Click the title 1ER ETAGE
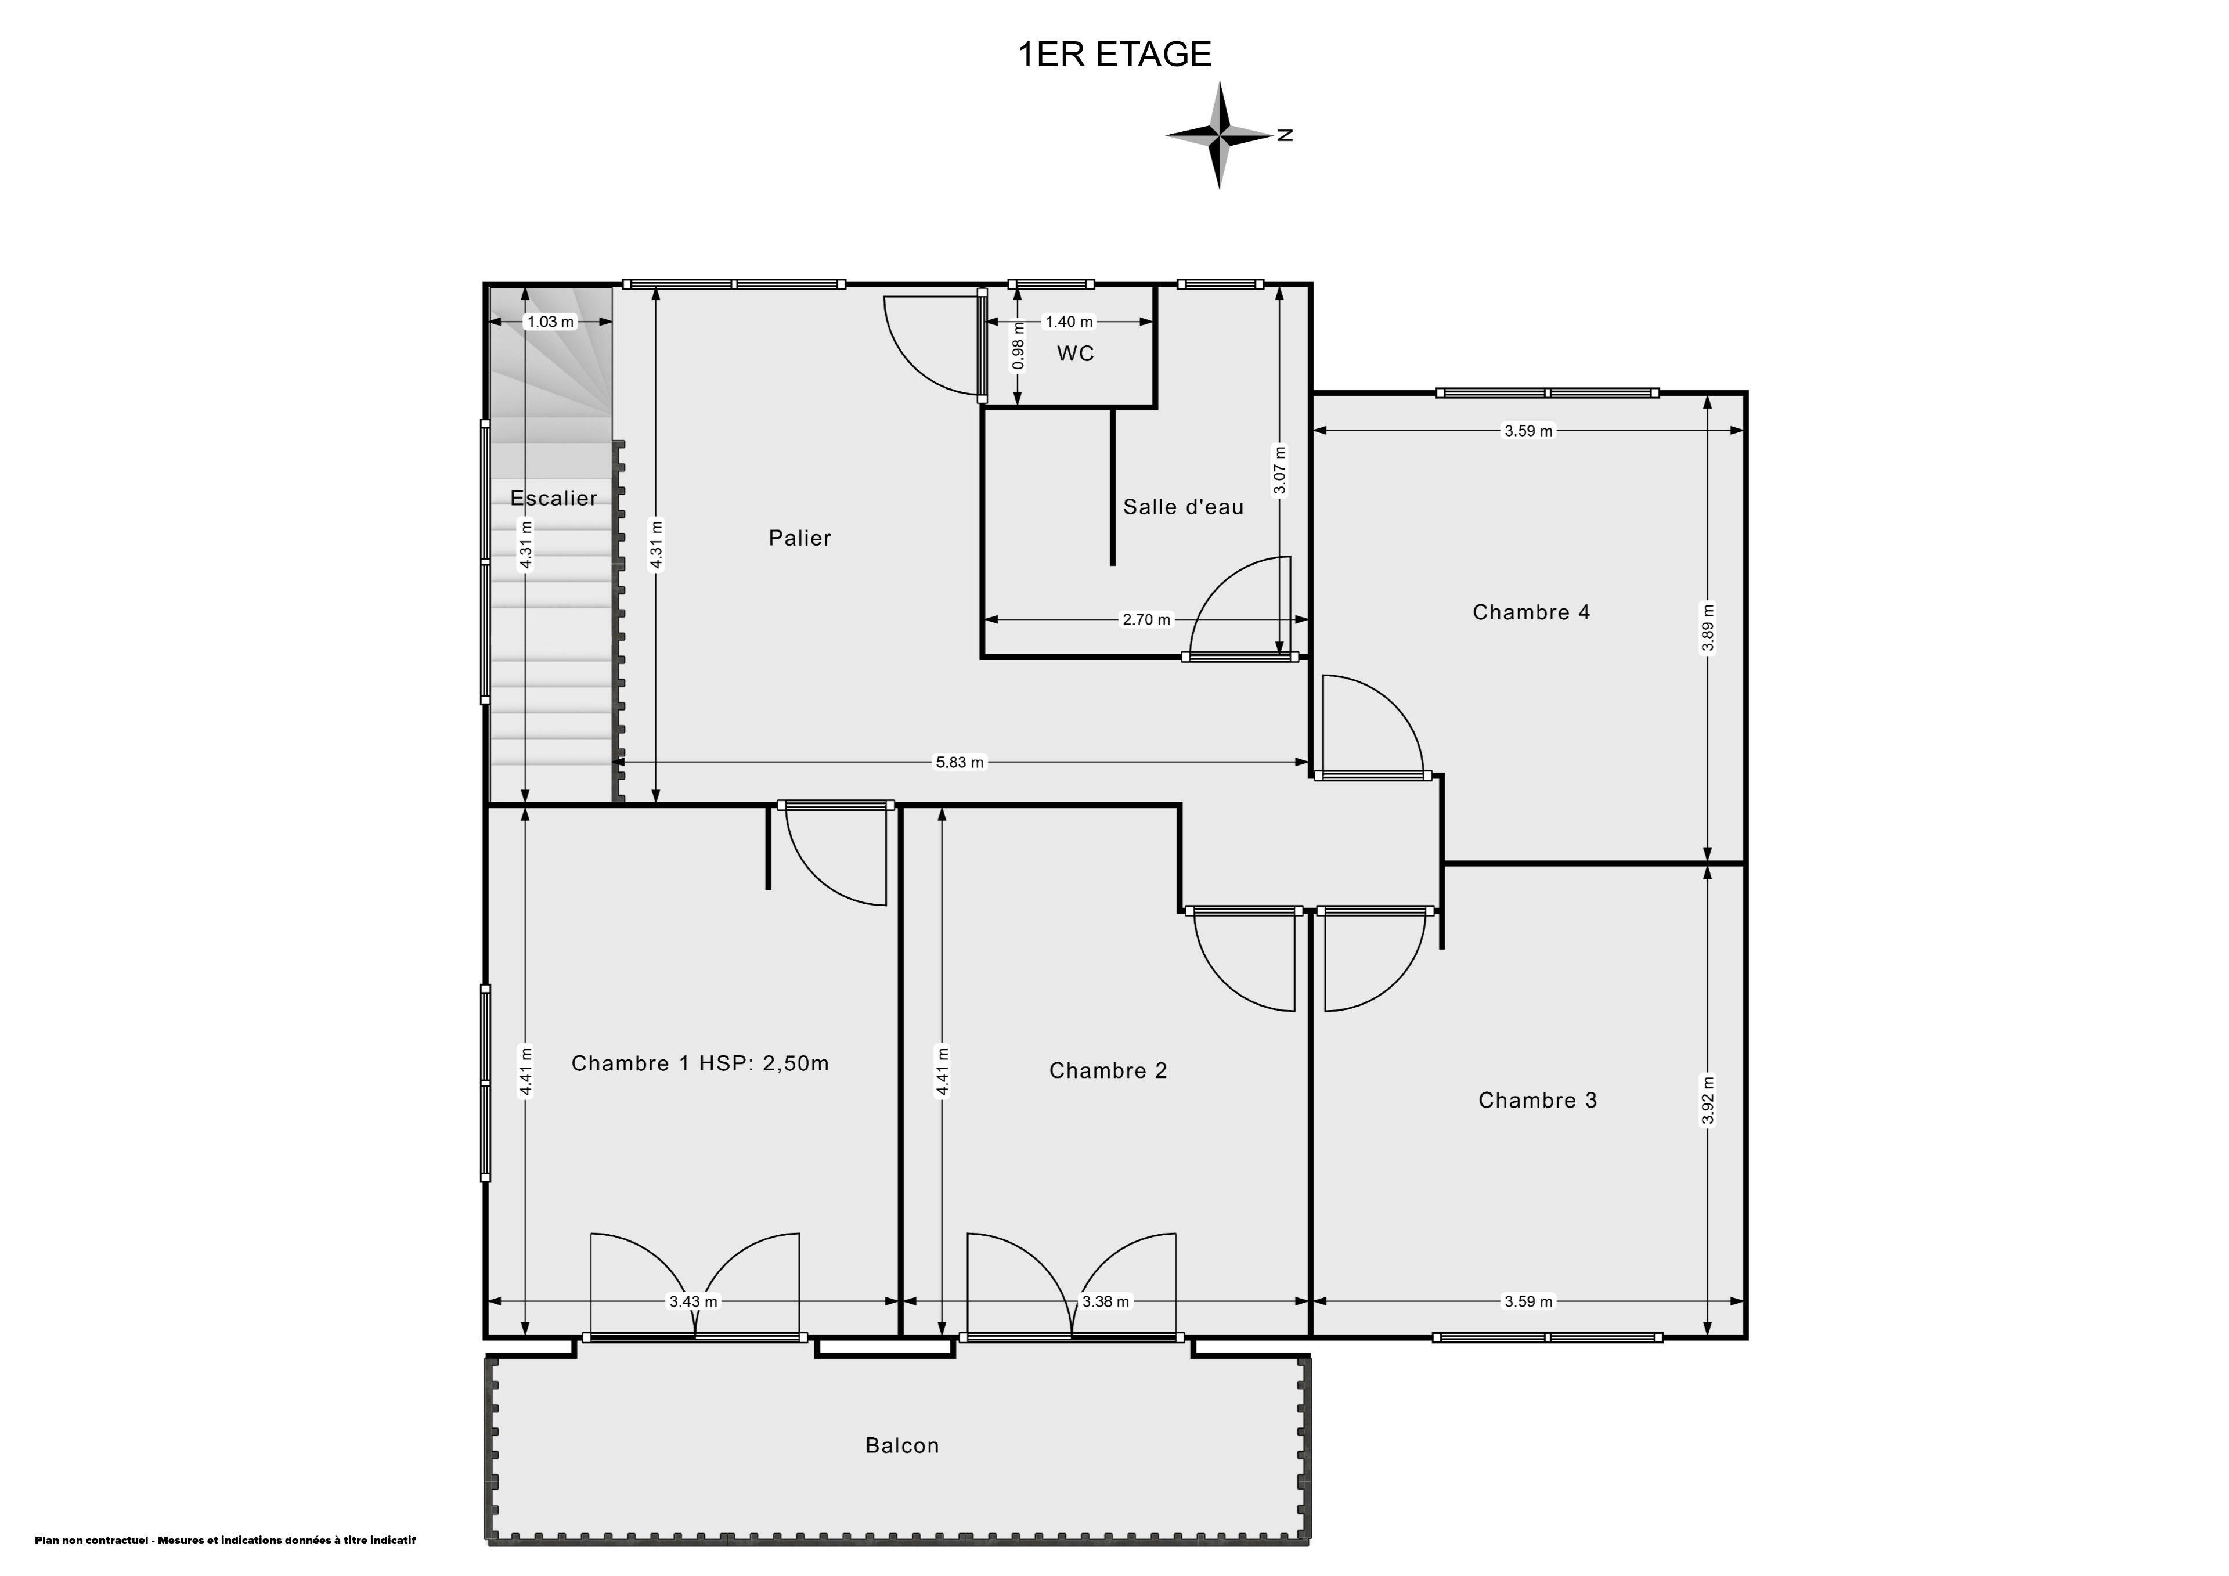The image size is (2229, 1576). (x=1114, y=55)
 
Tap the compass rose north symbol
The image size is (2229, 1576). (x=1220, y=135)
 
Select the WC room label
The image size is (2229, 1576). (x=1076, y=354)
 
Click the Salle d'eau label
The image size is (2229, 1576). (x=1184, y=506)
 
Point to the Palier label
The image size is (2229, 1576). (x=800, y=538)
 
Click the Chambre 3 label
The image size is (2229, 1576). (x=1537, y=1100)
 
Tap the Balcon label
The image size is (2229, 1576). (x=902, y=1445)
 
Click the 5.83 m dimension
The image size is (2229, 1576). (x=959, y=762)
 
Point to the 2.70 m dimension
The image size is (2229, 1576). (x=1146, y=619)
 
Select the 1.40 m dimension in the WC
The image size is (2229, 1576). (x=1069, y=322)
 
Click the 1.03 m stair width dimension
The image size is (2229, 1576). (x=550, y=322)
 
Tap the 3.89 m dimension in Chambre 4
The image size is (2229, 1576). (x=1708, y=628)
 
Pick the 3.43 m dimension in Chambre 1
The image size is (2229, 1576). (x=693, y=1301)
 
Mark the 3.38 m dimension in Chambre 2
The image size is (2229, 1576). (x=1106, y=1301)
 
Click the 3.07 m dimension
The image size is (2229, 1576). (x=1279, y=470)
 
